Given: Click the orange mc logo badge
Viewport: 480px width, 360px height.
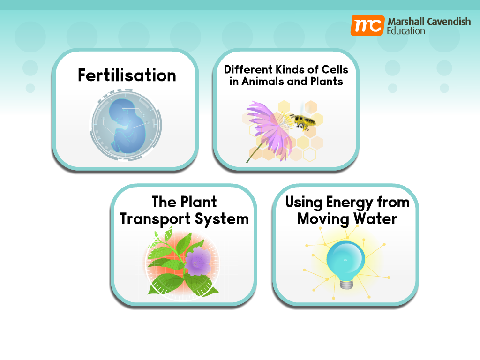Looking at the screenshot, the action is (x=367, y=26).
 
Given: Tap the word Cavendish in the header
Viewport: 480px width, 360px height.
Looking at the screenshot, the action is (x=449, y=22).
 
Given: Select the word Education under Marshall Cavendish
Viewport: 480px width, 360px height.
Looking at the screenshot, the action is (x=405, y=31).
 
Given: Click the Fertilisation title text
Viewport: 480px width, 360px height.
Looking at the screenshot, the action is (x=127, y=75).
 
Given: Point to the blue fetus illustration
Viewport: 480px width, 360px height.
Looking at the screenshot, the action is (x=127, y=126).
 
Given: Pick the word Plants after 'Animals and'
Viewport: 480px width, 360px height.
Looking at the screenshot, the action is (x=327, y=82).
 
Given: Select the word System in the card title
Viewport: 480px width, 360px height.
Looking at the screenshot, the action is (x=222, y=219).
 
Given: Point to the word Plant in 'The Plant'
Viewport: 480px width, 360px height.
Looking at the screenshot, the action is (x=199, y=202).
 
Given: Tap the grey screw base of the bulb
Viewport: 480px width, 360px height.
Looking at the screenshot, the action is (x=346, y=284).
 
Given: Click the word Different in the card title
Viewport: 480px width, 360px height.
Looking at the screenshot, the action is (x=248, y=69).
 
